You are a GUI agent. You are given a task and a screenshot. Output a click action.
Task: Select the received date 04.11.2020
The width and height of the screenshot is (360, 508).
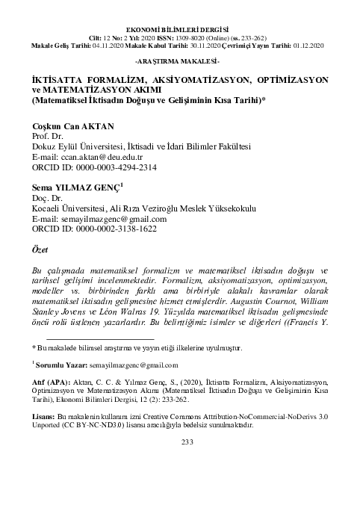(x=95, y=46)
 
